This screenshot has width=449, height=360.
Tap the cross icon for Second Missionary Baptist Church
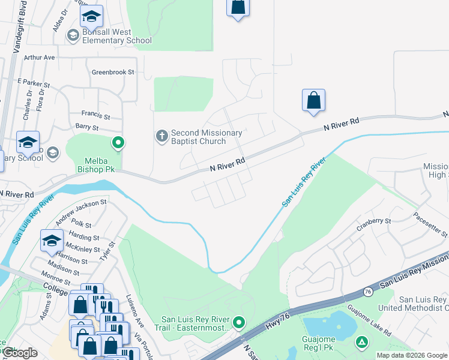(161, 136)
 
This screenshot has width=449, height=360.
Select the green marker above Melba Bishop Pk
(118, 143)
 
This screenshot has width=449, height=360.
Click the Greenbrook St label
(113, 72)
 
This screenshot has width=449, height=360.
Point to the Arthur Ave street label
(40, 58)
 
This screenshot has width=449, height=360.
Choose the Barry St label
(86, 127)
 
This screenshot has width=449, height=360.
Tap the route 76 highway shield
(367, 292)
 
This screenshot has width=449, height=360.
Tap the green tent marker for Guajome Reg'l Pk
(361, 342)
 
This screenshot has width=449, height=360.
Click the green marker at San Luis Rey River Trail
(239, 323)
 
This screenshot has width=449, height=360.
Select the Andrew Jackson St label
(80, 213)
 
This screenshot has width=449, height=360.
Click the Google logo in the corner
(20, 353)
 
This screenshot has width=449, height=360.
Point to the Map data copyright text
(412, 355)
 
